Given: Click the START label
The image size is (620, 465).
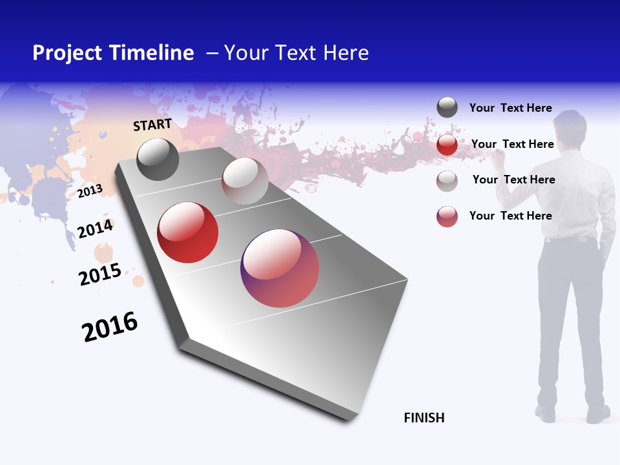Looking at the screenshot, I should (152, 125).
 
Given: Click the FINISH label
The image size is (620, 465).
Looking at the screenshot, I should (424, 418).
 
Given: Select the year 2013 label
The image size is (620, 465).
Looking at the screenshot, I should (90, 191).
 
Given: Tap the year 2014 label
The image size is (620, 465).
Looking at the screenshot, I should (95, 229).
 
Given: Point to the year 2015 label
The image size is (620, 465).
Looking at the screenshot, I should (100, 274).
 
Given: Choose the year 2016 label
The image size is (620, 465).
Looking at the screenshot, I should (110, 327).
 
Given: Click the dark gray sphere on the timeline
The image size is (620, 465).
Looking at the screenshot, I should (158, 159).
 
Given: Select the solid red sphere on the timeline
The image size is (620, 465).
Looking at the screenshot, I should (187, 232).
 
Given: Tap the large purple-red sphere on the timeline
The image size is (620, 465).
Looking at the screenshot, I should (280, 268).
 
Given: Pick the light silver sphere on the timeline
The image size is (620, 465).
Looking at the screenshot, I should (245, 181).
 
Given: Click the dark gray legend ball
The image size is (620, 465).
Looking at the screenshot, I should (447, 107).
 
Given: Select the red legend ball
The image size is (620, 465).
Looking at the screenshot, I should (447, 145).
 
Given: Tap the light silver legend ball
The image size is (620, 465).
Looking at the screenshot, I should (447, 181).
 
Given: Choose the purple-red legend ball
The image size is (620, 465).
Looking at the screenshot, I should (447, 216).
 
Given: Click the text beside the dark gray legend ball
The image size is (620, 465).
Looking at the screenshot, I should (510, 108).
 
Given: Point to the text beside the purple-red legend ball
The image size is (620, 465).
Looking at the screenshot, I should (510, 216).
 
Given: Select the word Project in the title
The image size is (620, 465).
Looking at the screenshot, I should (68, 53).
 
